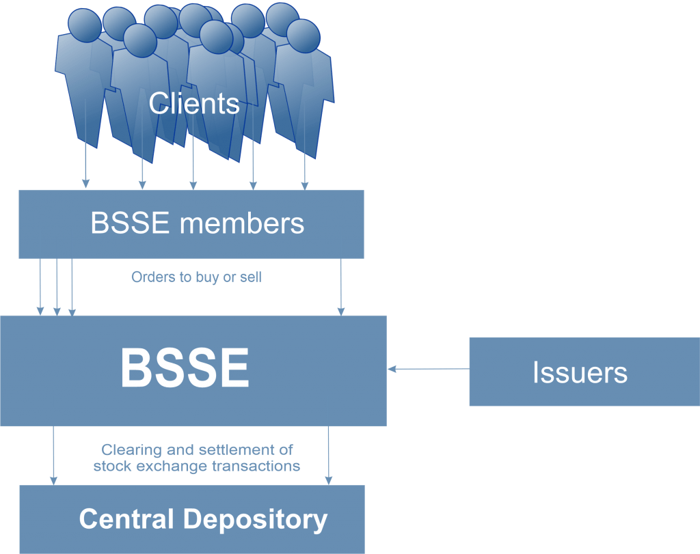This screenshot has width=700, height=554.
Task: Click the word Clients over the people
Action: (x=193, y=103)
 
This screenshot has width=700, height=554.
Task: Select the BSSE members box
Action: (x=191, y=224)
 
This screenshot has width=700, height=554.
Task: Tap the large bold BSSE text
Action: (x=185, y=368)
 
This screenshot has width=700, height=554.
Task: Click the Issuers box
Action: (x=584, y=372)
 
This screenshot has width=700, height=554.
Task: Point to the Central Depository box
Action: (x=192, y=519)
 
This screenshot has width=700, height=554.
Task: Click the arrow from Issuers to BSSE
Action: (x=429, y=369)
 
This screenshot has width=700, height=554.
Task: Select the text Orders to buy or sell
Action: (x=196, y=277)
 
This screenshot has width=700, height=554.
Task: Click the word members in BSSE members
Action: (x=241, y=223)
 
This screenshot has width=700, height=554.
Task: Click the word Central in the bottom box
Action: (x=126, y=518)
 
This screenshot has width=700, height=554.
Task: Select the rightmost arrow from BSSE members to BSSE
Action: (x=341, y=287)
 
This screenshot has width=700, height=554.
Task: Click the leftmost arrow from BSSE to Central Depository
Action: (x=53, y=456)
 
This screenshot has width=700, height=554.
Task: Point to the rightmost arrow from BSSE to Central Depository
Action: (x=329, y=456)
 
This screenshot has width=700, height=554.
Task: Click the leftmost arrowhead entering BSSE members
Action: (x=85, y=184)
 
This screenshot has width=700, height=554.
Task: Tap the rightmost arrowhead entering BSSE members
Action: (x=305, y=186)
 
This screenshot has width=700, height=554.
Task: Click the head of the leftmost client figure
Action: (x=85, y=25)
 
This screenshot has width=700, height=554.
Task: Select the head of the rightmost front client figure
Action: (x=303, y=36)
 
